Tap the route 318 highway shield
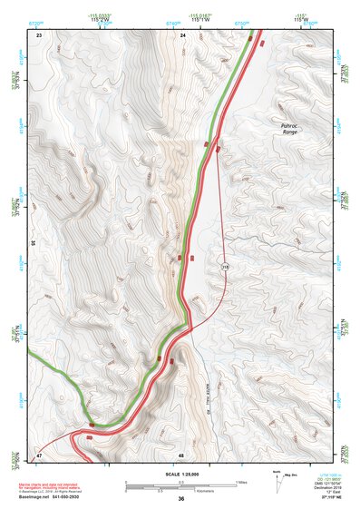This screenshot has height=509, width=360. click(x=222, y=266)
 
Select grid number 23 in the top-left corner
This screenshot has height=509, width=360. click(x=39, y=34)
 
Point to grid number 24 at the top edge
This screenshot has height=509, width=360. click(x=183, y=34)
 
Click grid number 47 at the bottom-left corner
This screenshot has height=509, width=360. click(x=39, y=454)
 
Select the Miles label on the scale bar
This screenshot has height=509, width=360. click(x=240, y=482)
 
